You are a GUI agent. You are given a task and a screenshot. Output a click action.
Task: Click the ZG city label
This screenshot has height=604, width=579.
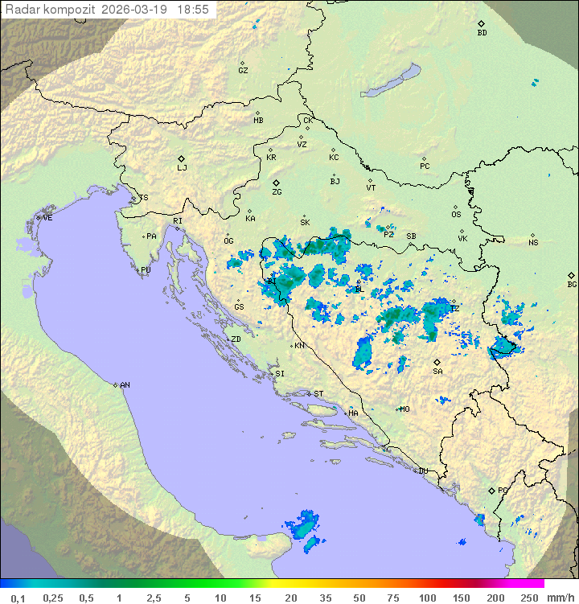click(x=277, y=192)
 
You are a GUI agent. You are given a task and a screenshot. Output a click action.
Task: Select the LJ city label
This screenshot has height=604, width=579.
click(x=183, y=168)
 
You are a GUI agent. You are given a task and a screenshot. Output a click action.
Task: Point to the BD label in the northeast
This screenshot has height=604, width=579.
click(x=482, y=33)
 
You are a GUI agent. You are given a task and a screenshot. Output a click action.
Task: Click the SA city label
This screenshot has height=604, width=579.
click(x=437, y=371)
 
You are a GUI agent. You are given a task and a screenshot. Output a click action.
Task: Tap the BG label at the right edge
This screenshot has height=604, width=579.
click(x=572, y=284)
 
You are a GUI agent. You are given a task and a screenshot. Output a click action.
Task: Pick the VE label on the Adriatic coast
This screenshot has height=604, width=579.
click(x=47, y=218)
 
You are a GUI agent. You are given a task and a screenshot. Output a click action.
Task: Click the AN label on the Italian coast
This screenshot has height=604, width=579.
click(x=125, y=385)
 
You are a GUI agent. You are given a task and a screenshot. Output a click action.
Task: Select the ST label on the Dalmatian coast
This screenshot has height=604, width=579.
click(x=318, y=394)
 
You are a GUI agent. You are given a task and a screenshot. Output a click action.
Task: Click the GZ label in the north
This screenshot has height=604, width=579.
click(x=243, y=70)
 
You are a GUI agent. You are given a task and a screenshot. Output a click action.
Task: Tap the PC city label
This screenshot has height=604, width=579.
click(x=425, y=166)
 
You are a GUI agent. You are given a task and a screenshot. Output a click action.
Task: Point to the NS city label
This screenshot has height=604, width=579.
click(x=533, y=242)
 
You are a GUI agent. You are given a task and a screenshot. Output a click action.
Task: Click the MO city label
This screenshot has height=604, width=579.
click(x=404, y=409)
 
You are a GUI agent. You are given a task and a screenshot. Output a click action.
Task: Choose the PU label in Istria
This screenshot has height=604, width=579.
click(x=146, y=270)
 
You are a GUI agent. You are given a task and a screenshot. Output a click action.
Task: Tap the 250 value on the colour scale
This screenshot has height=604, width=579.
click(x=528, y=598)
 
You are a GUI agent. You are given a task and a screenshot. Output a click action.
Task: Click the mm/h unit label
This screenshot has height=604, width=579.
click(x=559, y=598)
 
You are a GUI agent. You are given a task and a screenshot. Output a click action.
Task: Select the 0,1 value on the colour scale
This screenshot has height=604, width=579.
click(x=18, y=598)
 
